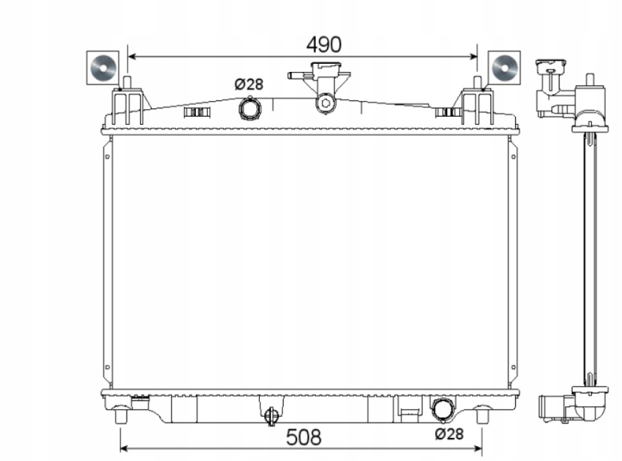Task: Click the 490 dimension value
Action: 323,45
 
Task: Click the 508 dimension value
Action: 303,437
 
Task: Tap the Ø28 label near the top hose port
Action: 249,84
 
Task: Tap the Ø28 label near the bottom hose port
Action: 449,434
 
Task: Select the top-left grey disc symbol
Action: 103,68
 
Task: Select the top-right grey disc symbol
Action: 505,68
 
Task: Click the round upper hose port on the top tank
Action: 249,108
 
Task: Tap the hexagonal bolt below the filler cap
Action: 326,103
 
